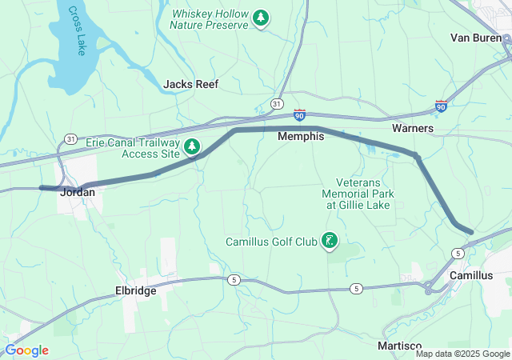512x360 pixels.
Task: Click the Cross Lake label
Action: (76, 31)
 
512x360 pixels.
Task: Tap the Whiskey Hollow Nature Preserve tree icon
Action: (261, 18)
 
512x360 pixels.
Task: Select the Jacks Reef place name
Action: (190, 84)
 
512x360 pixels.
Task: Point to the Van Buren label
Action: (475, 38)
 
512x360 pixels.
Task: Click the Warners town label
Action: (413, 128)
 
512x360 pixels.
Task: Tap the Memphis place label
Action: (301, 137)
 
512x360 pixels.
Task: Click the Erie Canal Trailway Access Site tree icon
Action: (192, 146)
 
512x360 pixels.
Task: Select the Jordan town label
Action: (78, 192)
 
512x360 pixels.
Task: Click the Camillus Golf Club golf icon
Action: (328, 241)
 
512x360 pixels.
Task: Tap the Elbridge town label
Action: (135, 291)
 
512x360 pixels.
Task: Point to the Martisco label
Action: (399, 345)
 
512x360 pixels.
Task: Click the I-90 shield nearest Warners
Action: (441, 106)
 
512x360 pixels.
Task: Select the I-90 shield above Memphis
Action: (299, 116)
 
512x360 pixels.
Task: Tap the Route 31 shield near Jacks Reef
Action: (276, 104)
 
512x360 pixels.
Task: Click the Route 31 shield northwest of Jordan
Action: (70, 139)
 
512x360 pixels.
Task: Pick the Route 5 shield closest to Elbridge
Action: (234, 279)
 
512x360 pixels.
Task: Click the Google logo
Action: (26, 350)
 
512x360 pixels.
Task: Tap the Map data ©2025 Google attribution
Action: (462, 354)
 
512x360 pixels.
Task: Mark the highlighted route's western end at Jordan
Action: (42, 188)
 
